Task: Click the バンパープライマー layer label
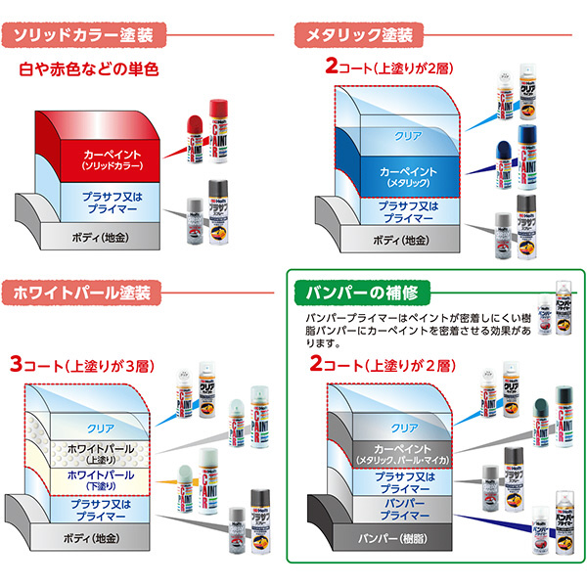point(405,508)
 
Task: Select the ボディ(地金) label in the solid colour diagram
point(100,238)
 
